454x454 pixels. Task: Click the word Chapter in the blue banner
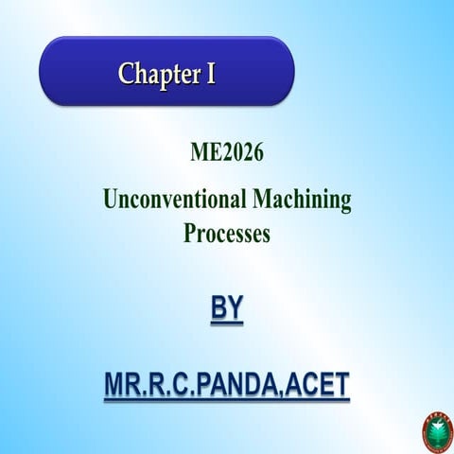[156, 74]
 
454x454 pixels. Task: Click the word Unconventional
[174, 201]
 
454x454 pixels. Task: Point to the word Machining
[302, 201]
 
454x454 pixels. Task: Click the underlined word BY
[226, 309]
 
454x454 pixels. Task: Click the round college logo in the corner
[436, 433]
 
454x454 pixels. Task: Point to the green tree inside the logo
[436, 435]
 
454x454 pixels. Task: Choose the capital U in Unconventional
[110, 201]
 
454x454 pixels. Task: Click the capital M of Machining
[262, 201]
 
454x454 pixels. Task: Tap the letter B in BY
[217, 309]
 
